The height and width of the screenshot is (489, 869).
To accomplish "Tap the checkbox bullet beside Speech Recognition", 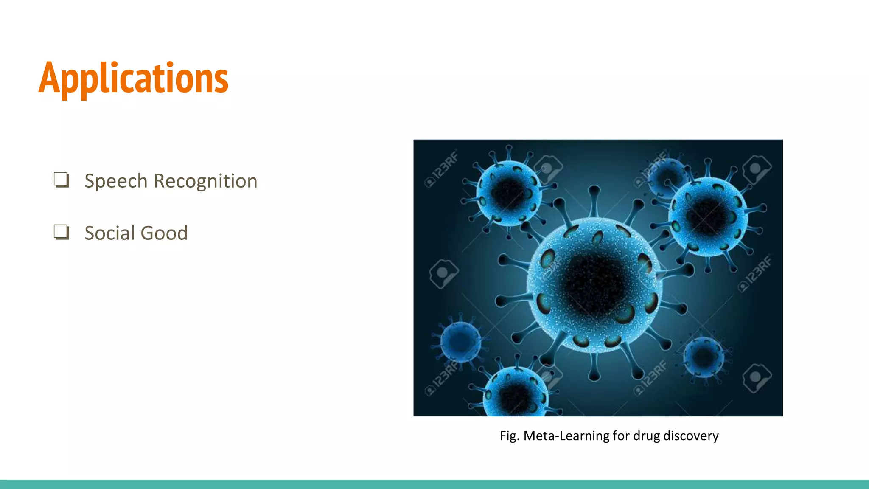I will click(61, 180).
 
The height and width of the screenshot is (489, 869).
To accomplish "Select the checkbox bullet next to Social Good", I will click(61, 232).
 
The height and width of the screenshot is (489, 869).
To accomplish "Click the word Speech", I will click(116, 181).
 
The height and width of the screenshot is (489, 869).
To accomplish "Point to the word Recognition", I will click(205, 181).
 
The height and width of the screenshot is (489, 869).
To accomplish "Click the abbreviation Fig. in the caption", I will click(509, 436).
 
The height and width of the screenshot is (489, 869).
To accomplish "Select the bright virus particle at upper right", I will click(708, 216).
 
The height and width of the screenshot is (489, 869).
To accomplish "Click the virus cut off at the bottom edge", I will click(516, 395).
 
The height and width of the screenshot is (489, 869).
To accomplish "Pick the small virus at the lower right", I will click(703, 357).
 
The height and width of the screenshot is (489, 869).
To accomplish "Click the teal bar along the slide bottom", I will click(434, 484).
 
